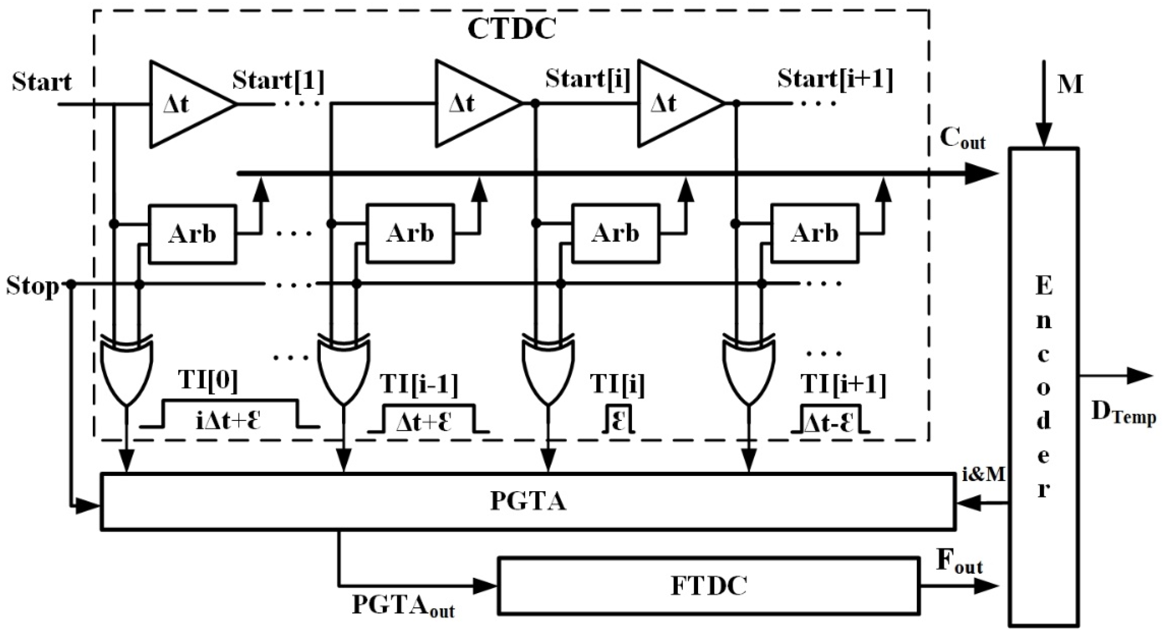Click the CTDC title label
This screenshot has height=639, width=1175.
coord(511,29)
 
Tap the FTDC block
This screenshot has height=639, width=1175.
coord(709,586)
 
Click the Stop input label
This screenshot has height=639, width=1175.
coord(32,287)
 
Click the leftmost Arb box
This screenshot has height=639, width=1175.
coord(192,234)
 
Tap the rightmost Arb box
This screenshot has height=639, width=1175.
coord(815,233)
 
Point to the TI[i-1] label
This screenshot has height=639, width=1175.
coord(419,384)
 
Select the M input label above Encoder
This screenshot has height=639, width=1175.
coord(1069,84)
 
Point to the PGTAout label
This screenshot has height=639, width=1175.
coord(403,606)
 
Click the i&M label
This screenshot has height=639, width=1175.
coord(983,475)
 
